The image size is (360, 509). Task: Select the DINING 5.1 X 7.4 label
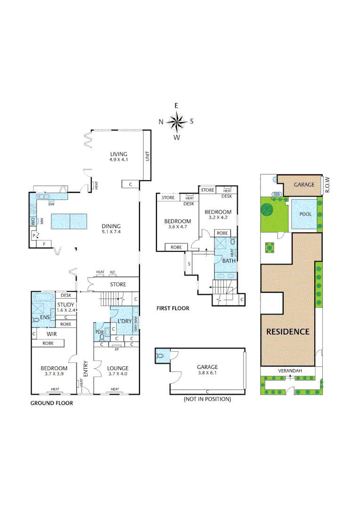click(111, 229)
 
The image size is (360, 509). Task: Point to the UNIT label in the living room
click(147, 156)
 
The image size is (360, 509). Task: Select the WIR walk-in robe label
click(52, 333)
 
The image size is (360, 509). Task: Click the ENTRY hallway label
click(85, 368)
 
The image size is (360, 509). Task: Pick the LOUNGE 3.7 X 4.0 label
click(118, 371)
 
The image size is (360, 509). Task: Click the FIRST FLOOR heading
click(173, 308)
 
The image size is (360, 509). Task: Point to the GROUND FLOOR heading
click(52, 403)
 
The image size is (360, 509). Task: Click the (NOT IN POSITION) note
click(207, 399)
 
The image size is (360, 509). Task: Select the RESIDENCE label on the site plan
click(288, 331)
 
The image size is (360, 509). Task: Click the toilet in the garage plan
click(161, 356)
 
